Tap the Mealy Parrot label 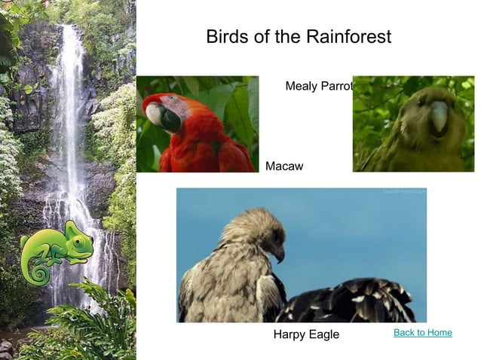319,87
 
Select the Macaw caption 284,166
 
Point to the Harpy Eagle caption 306,334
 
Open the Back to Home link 422,333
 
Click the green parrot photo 413,124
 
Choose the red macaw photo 198,124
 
